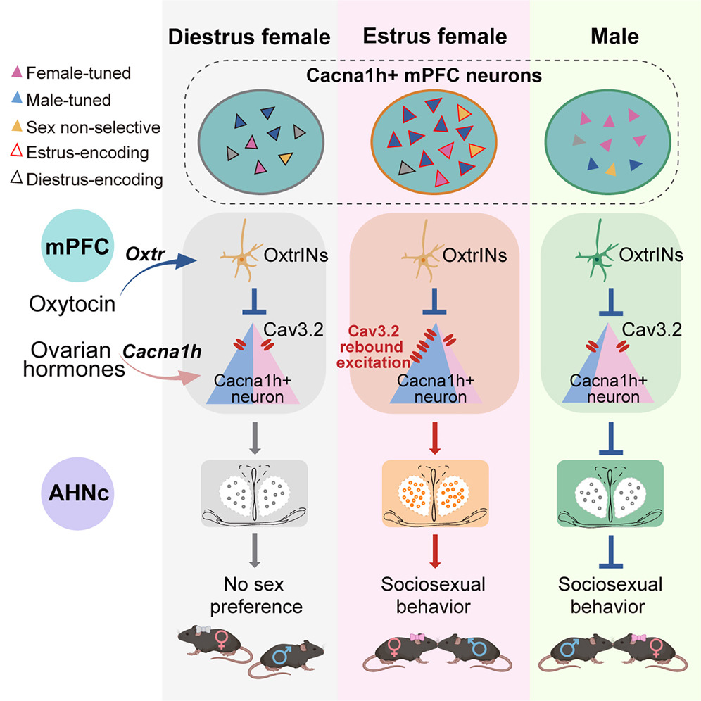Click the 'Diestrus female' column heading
pyautogui.click(x=249, y=37)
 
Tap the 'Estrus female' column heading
pyautogui.click(x=434, y=36)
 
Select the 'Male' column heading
pyautogui.click(x=614, y=36)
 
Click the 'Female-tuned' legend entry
pyautogui.click(x=72, y=73)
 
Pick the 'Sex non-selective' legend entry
pyautogui.click(x=86, y=127)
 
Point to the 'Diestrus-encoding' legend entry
pyautogui.click(x=87, y=179)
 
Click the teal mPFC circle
pyautogui.click(x=77, y=246)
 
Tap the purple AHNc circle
pyautogui.click(x=78, y=493)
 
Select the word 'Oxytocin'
pyautogui.click(x=72, y=303)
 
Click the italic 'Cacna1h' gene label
pyautogui.click(x=162, y=351)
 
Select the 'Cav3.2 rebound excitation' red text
pyautogui.click(x=373, y=347)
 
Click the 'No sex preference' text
pyautogui.click(x=255, y=595)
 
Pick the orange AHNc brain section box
pyautogui.click(x=435, y=493)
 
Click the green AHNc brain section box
pyautogui.click(x=610, y=493)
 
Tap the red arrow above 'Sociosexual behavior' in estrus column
pyautogui.click(x=434, y=551)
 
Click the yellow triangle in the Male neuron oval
pyautogui.click(x=611, y=170)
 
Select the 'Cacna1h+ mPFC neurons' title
pyautogui.click(x=424, y=75)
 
